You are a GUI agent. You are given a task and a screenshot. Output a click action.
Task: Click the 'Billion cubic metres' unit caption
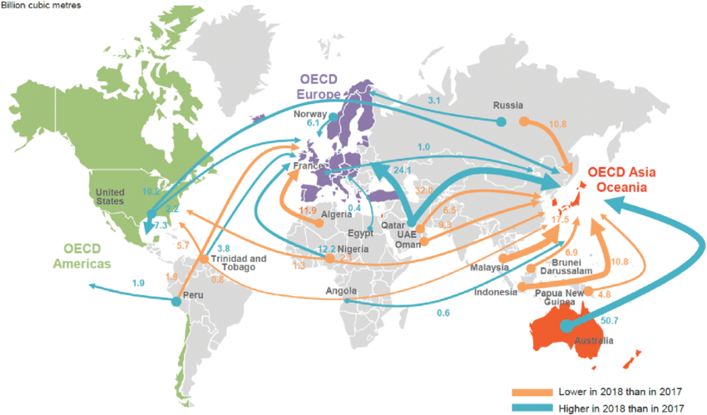41,6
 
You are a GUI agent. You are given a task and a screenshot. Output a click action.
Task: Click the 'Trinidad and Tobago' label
240,263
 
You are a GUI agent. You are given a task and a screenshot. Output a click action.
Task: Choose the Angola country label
342,291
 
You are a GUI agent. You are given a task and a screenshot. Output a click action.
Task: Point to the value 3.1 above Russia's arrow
433,100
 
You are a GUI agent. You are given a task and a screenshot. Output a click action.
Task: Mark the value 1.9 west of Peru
140,284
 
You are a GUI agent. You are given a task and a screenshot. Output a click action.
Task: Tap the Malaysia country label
489,267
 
